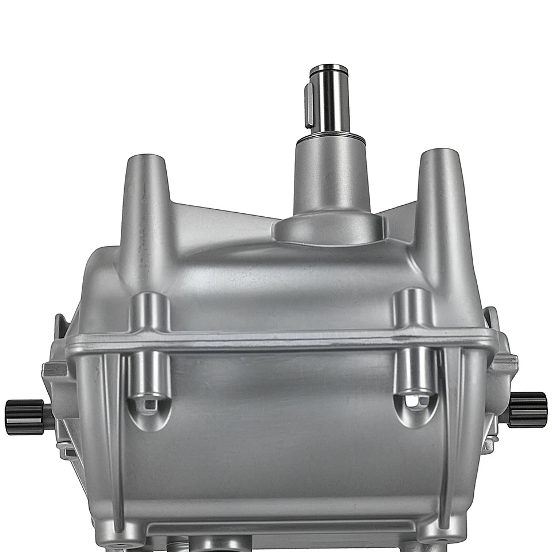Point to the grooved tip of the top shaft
click(x=328, y=71)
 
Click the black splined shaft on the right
click(x=528, y=409)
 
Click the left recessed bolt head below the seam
click(x=149, y=405)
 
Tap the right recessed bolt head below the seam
click(x=416, y=401)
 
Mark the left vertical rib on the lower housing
click(x=112, y=437)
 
